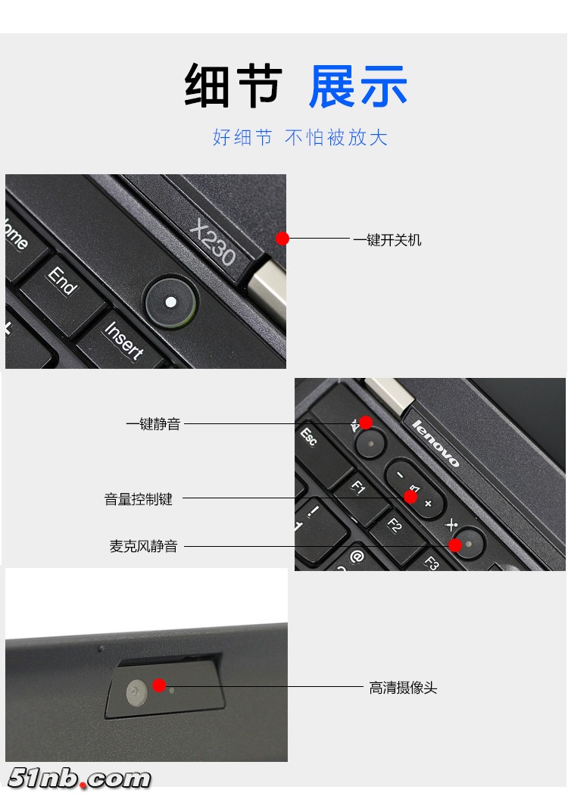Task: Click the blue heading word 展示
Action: (358, 86)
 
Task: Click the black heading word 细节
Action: (233, 86)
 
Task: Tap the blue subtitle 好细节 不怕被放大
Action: (300, 137)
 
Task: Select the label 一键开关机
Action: (387, 240)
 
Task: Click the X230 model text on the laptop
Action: (213, 242)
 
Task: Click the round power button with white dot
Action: (171, 302)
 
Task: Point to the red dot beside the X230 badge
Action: (282, 239)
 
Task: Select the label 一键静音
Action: (153, 424)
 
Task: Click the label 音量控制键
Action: (139, 499)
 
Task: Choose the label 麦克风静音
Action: (143, 546)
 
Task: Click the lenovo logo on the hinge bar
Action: (435, 444)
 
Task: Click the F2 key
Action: (395, 524)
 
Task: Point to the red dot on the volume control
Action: (410, 497)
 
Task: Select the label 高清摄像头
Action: (403, 688)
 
